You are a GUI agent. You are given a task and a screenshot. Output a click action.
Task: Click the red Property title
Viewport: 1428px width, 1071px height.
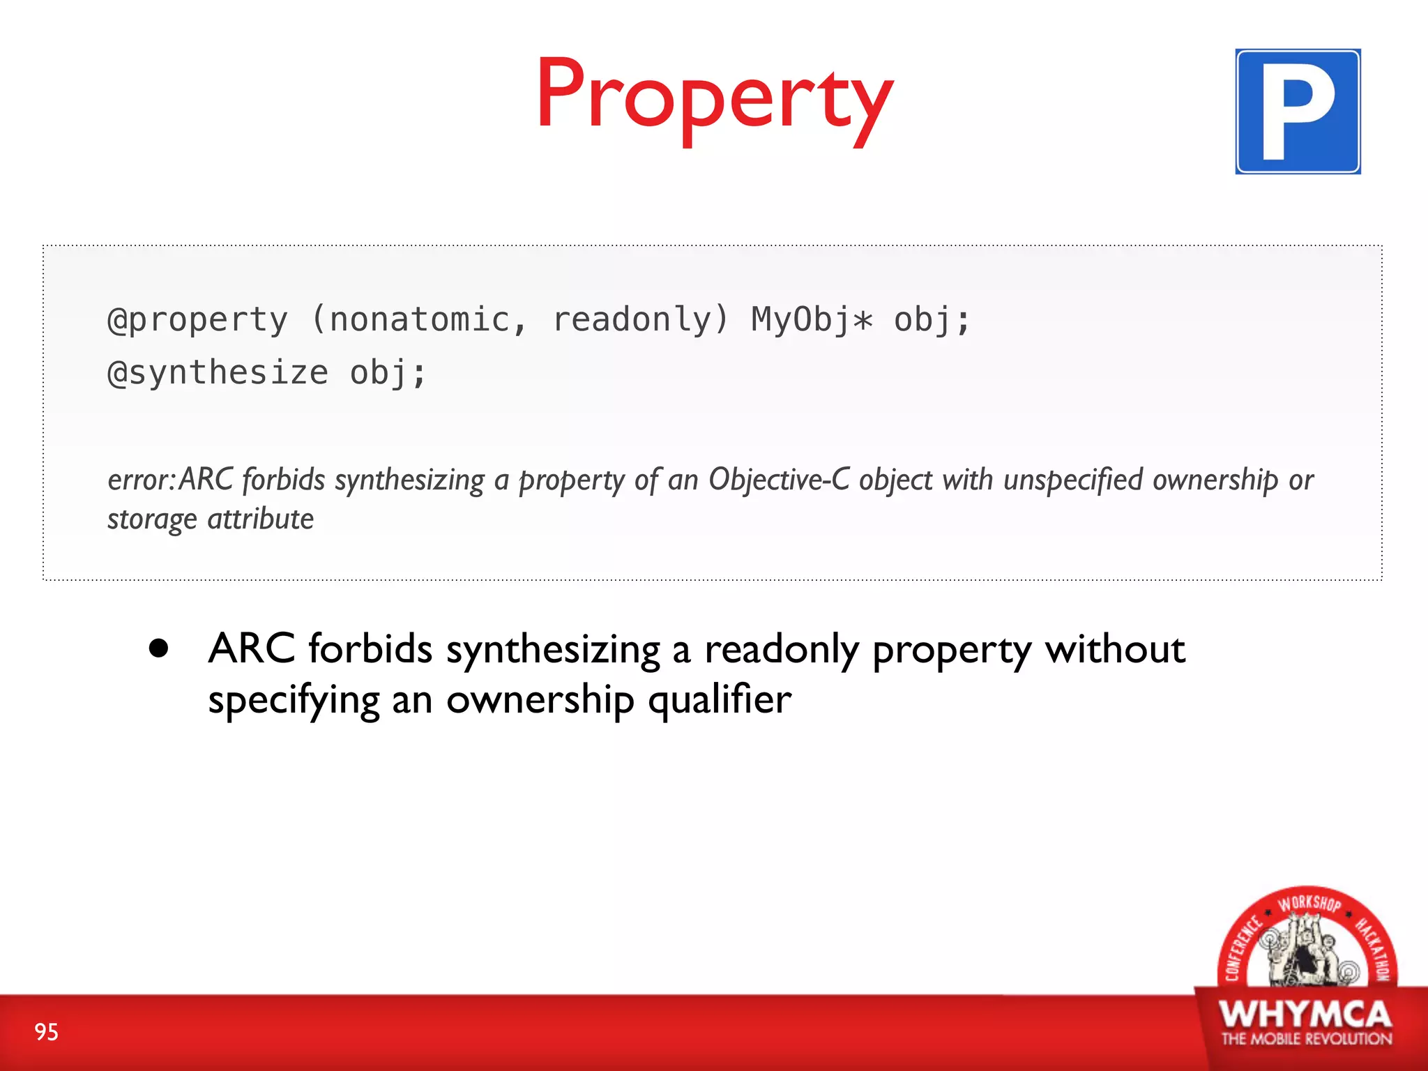[714, 98]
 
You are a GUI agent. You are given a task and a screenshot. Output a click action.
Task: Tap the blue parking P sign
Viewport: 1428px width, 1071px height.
[1298, 112]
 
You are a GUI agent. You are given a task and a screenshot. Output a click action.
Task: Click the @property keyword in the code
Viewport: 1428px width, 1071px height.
[198, 321]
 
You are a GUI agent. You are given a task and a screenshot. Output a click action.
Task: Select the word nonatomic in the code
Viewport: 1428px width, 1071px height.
[419, 321]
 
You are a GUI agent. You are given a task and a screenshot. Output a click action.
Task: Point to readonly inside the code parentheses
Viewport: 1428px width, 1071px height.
[631, 321]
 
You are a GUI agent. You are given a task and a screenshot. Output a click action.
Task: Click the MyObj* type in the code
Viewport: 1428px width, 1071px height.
[811, 321]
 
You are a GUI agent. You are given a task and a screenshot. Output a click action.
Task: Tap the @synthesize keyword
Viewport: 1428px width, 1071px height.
[218, 373]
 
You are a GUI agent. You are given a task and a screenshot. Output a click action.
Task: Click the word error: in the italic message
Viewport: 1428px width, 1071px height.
[142, 480]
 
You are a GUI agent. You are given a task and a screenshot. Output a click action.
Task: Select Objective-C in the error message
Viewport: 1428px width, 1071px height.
[779, 480]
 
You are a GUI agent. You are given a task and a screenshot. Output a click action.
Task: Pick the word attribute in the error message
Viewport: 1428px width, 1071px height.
[261, 519]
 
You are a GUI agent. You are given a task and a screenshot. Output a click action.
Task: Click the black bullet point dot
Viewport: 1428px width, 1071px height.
[159, 648]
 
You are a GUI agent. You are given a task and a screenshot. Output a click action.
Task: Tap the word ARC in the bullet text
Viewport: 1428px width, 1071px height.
[252, 648]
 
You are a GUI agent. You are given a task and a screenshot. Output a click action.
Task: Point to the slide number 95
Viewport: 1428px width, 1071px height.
[47, 1032]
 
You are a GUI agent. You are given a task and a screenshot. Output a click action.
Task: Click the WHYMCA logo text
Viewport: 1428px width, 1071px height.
[1305, 1015]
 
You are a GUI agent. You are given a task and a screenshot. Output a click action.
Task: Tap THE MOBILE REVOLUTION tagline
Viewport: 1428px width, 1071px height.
[1306, 1039]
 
